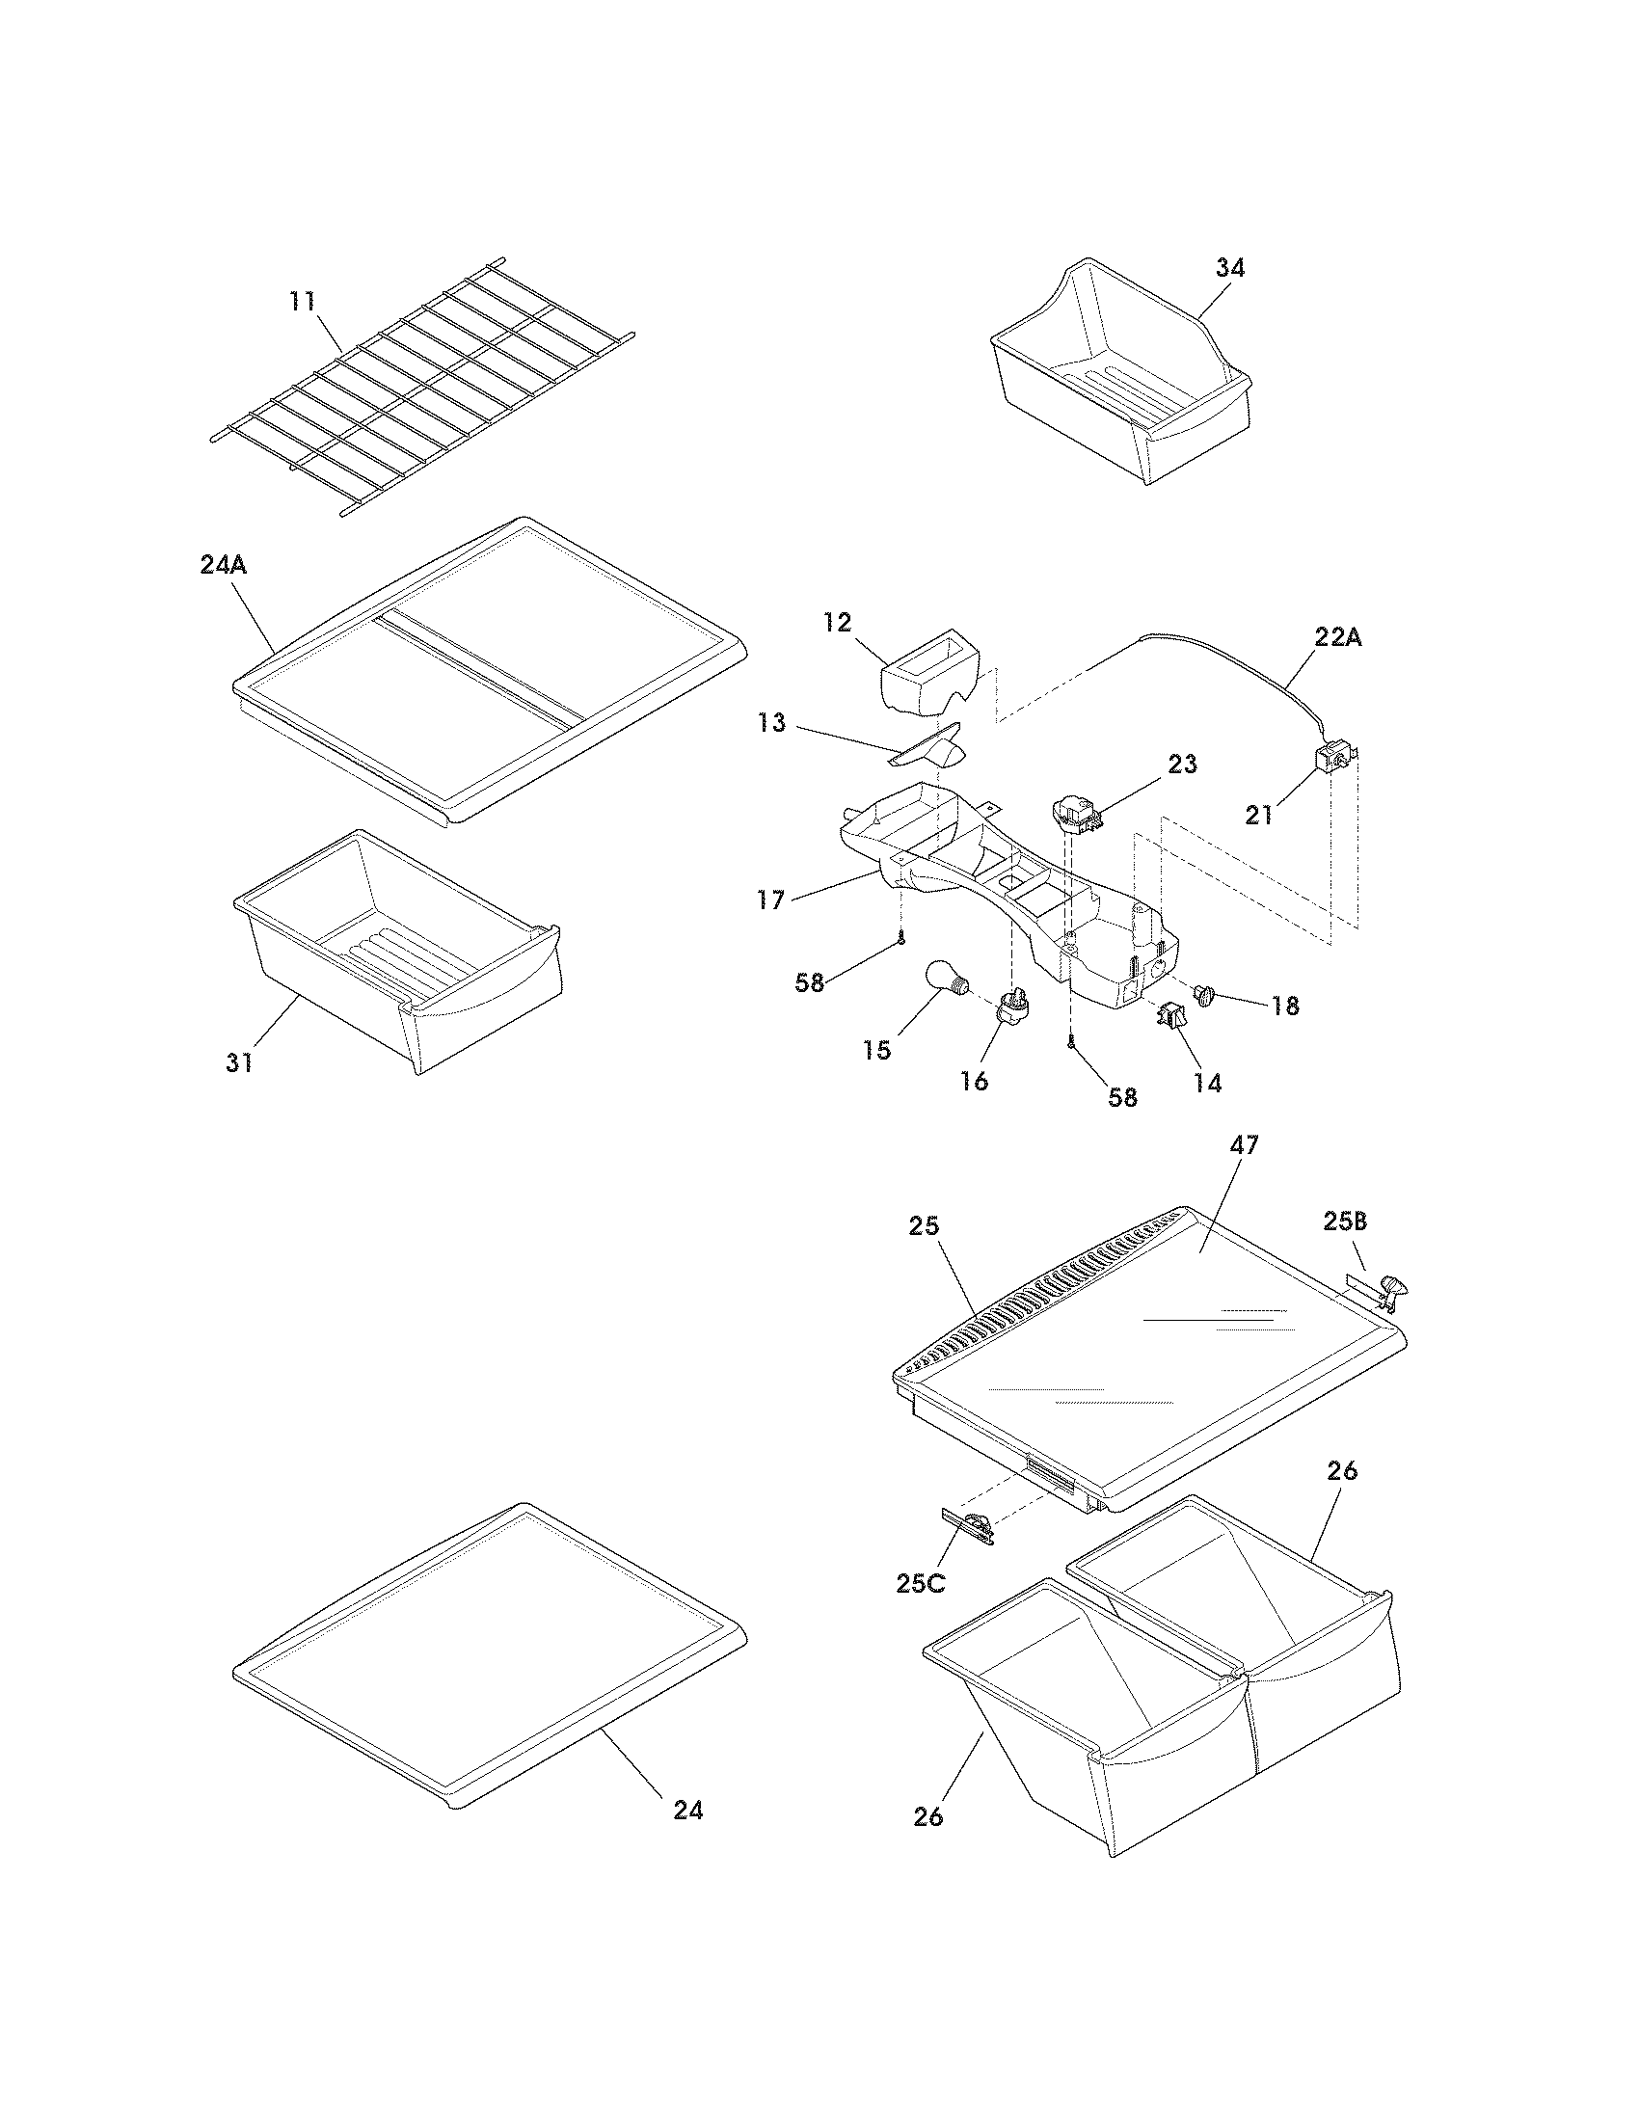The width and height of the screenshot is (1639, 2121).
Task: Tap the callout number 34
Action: [1229, 268]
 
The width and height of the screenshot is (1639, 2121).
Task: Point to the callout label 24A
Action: [224, 565]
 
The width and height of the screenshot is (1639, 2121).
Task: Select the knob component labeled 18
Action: [1210, 996]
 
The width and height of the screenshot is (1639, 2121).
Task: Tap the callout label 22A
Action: [1338, 638]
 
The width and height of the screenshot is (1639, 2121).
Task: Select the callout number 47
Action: [1244, 1146]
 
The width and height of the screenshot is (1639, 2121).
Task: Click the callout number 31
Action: [239, 1063]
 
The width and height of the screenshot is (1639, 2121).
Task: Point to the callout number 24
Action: [687, 1811]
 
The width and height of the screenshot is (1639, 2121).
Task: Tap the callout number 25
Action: [924, 1226]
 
